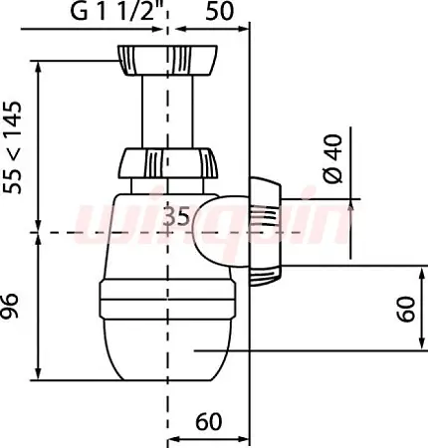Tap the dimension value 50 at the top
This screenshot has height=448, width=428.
[220, 12]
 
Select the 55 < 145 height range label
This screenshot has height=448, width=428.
[12, 147]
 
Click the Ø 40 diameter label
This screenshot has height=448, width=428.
[332, 158]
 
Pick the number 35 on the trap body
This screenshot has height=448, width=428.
[177, 216]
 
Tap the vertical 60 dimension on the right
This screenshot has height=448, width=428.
[406, 309]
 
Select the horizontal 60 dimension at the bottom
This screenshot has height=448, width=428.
[208, 422]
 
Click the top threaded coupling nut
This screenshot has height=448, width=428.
[167, 61]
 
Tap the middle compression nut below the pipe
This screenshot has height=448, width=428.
[167, 163]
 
